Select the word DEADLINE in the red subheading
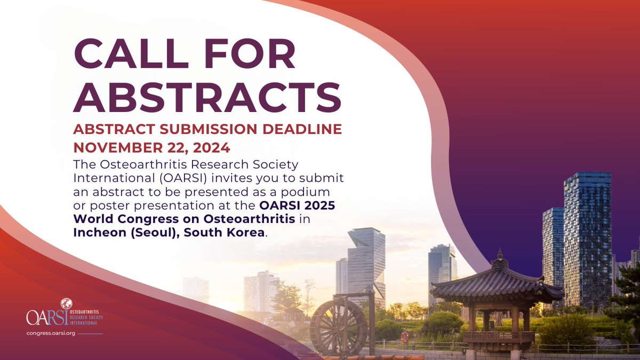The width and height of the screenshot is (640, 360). coord(301,130)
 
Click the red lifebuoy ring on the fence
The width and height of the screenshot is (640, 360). coord(404,337)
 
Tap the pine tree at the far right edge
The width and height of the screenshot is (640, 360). coord(629,304)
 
